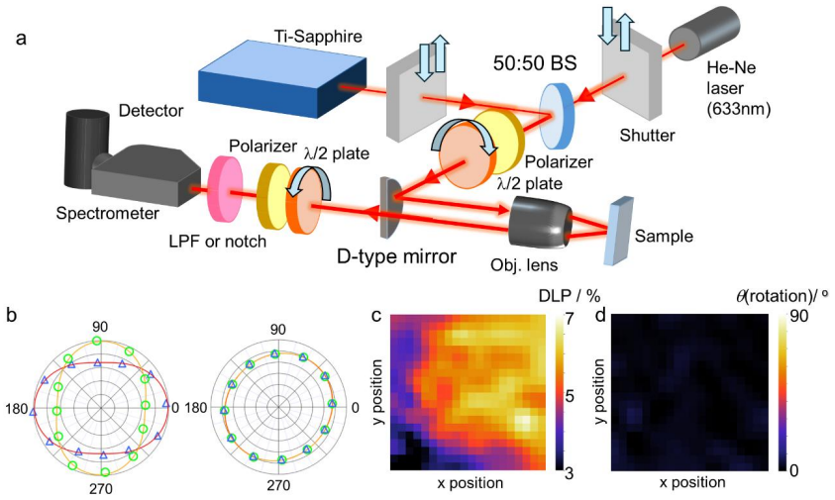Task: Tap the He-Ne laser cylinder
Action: click(704, 33)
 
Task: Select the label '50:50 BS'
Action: click(535, 63)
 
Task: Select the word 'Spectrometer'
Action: click(108, 214)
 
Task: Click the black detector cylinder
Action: click(85, 149)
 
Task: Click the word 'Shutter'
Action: click(647, 136)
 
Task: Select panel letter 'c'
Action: click(376, 315)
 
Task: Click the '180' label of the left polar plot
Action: click(16, 408)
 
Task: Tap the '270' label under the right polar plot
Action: click(278, 485)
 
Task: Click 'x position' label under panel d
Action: click(692, 482)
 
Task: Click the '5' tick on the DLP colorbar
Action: click(569, 397)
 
